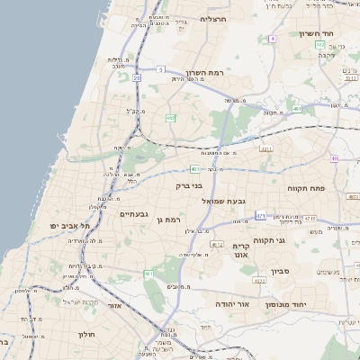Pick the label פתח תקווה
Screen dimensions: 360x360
[334, 191]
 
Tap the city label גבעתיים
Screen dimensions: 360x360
[131, 214]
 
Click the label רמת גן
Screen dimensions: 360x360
[168, 220]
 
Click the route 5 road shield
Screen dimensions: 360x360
[159, 69]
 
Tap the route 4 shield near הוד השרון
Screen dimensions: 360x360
[272, 40]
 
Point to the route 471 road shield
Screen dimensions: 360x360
[260, 215]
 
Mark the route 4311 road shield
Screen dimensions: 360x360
[265, 148]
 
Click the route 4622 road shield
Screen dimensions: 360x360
[259, 281]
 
